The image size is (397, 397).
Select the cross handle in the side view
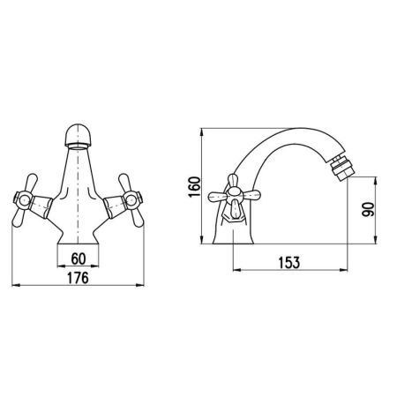pyautogui.click(x=234, y=196)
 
